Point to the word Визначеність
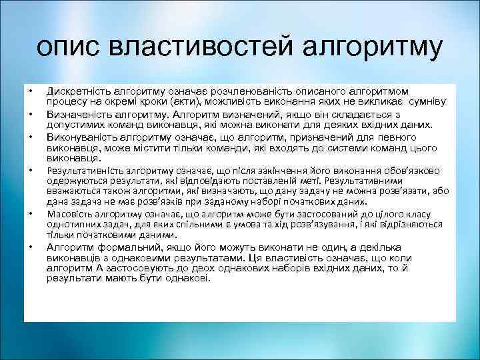coord(76,114)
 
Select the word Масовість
coord(69,213)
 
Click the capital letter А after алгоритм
coord(97,269)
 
